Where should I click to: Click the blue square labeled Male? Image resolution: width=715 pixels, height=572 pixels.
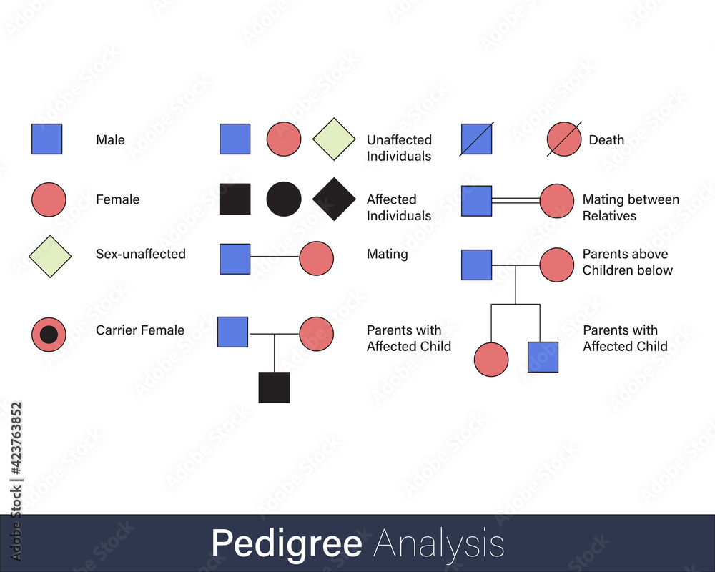tap(46, 139)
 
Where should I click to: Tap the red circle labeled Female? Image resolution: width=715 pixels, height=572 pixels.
tap(49, 199)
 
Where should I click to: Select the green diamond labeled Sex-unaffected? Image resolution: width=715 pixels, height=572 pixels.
tap(50, 255)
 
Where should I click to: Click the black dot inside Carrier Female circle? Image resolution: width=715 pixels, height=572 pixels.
tap(49, 334)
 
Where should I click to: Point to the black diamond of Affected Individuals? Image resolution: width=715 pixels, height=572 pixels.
tap(334, 199)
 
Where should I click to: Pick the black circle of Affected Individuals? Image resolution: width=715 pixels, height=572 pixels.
tap(284, 199)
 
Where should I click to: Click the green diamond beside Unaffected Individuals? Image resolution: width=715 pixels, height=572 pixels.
tap(334, 139)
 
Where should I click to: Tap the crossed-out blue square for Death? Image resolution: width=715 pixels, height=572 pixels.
tap(476, 139)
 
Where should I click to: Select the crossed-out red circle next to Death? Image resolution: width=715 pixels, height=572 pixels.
tap(564, 139)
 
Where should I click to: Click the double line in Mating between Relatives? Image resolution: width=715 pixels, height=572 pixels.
tap(516, 200)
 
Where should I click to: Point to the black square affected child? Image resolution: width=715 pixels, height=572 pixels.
tap(274, 387)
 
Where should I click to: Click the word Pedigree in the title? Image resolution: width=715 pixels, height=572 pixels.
tap(286, 544)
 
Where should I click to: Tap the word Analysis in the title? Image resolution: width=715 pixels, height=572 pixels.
tap(439, 544)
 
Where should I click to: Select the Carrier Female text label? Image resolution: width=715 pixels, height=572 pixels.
tap(140, 330)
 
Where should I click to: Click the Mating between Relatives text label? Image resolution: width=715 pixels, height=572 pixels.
tap(631, 207)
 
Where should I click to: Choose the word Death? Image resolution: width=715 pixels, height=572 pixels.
tap(606, 140)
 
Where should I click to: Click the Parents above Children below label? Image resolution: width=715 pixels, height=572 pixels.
tap(627, 262)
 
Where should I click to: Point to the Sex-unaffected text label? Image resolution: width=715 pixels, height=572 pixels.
tap(141, 254)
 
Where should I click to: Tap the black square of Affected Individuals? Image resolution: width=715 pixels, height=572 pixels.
tap(235, 199)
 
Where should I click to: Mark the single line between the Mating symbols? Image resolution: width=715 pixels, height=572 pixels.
tap(275, 256)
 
